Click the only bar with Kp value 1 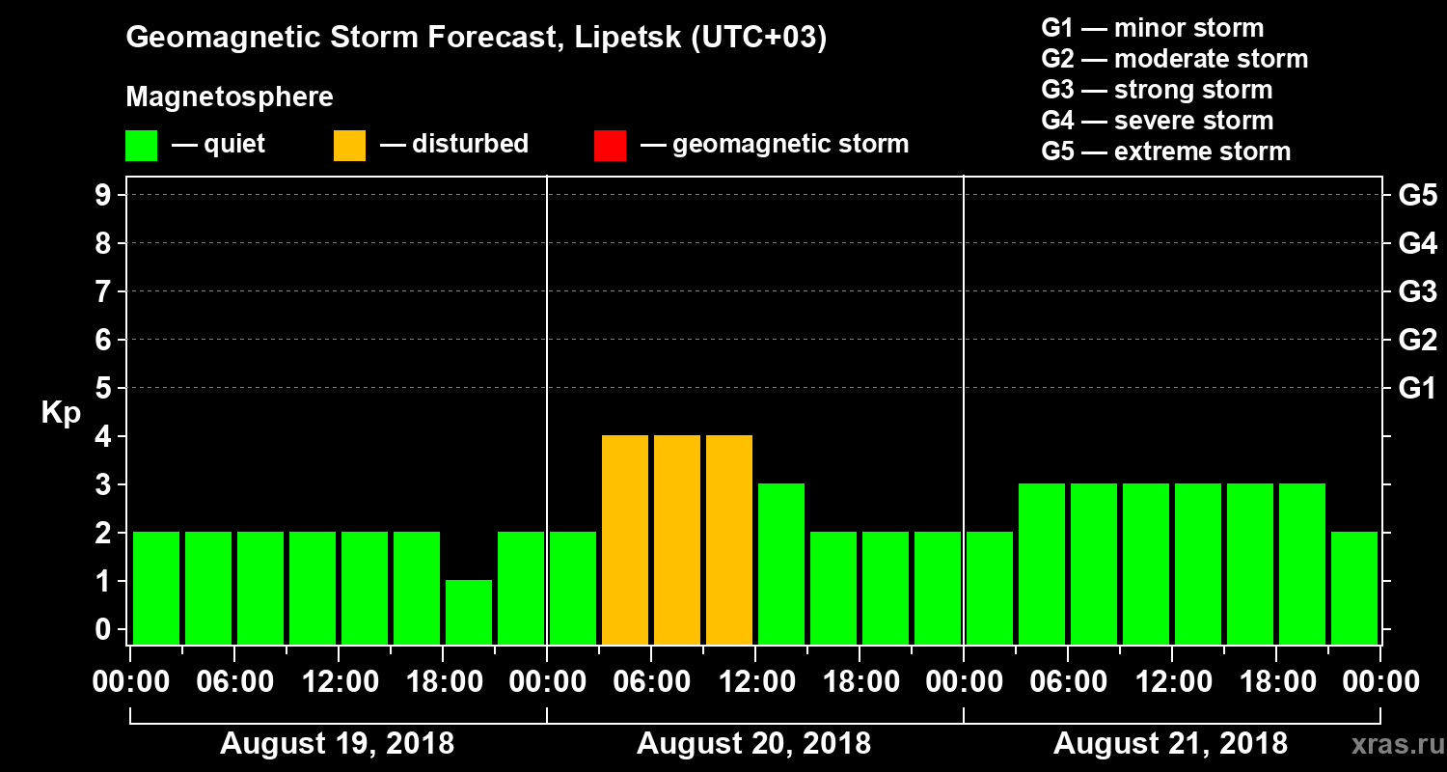click(x=469, y=612)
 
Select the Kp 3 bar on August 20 click(x=781, y=564)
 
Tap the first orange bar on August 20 click(x=625, y=539)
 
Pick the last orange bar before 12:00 click(x=729, y=539)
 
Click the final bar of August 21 click(x=1354, y=588)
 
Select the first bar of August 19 click(x=156, y=588)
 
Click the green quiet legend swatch click(x=141, y=145)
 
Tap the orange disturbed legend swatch click(x=349, y=145)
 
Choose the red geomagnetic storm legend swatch click(x=610, y=145)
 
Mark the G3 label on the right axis click(x=1417, y=291)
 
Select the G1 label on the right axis click(x=1417, y=389)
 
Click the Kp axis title click(x=61, y=413)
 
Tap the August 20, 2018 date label click(x=753, y=744)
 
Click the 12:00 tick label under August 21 click(x=1170, y=682)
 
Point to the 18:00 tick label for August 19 click(x=443, y=682)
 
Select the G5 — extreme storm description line click(x=1165, y=152)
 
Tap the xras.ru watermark click(x=1388, y=744)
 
